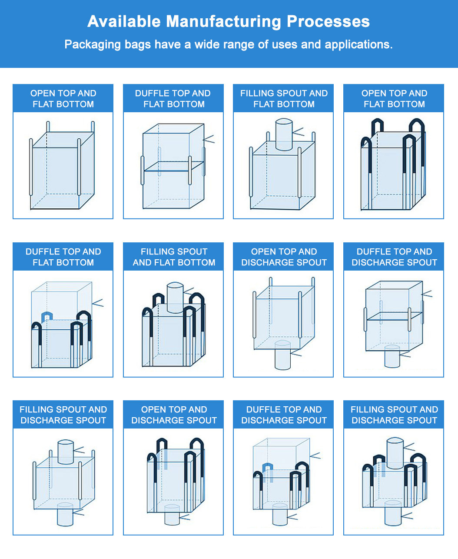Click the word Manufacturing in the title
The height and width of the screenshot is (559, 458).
point(224,21)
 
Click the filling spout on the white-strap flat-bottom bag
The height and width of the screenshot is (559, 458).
point(284,134)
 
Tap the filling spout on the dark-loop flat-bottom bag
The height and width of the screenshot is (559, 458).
point(175,297)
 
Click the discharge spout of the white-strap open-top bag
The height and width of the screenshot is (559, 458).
point(282,355)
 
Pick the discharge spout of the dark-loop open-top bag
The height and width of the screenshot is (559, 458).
point(172,515)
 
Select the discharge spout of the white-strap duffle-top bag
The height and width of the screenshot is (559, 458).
point(392,356)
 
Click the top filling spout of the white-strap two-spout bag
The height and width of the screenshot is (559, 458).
point(66,452)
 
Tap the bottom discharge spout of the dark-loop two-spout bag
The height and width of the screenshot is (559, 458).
point(392,513)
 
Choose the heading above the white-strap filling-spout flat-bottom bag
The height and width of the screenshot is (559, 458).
point(284,99)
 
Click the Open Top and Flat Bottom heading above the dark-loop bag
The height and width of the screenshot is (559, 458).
point(394,99)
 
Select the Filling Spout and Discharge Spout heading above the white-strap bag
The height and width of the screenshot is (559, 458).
point(63,415)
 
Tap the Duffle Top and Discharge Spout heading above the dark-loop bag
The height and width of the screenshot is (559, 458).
point(284,415)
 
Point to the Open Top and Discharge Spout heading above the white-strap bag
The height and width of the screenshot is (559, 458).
point(284,257)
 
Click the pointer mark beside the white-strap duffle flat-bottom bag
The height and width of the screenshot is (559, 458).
point(209,139)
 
